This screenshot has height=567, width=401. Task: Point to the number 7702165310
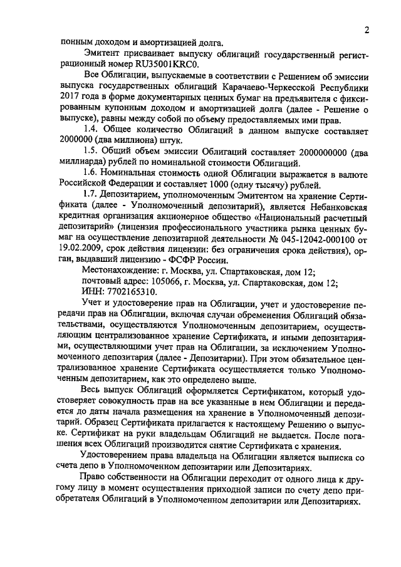(132, 294)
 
